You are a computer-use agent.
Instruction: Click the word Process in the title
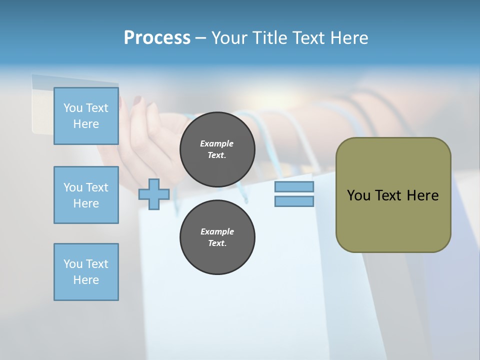157,37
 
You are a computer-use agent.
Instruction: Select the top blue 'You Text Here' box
86,116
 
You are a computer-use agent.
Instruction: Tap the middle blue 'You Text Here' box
86,195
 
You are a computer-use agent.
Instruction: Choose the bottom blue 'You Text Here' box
86,272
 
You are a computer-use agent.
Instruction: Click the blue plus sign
154,194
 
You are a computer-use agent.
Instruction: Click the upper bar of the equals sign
294,187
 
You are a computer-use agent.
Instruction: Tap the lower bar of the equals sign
294,201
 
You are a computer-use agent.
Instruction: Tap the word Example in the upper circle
217,143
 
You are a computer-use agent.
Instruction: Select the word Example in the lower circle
217,231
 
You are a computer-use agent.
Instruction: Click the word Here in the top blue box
86,124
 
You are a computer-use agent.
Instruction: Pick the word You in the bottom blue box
73,264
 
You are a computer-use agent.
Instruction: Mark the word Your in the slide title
230,37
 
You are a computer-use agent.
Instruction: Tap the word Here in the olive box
422,195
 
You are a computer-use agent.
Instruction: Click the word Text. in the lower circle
217,243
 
